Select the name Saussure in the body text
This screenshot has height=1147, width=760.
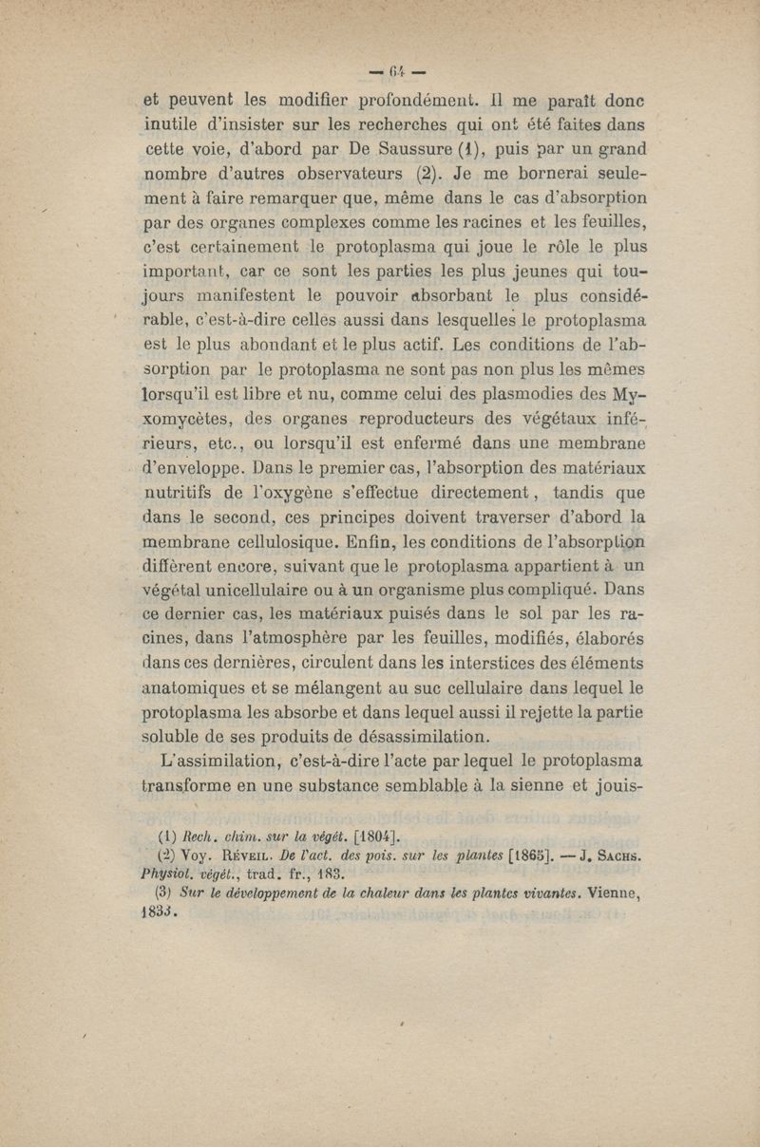pyautogui.click(x=373, y=147)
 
